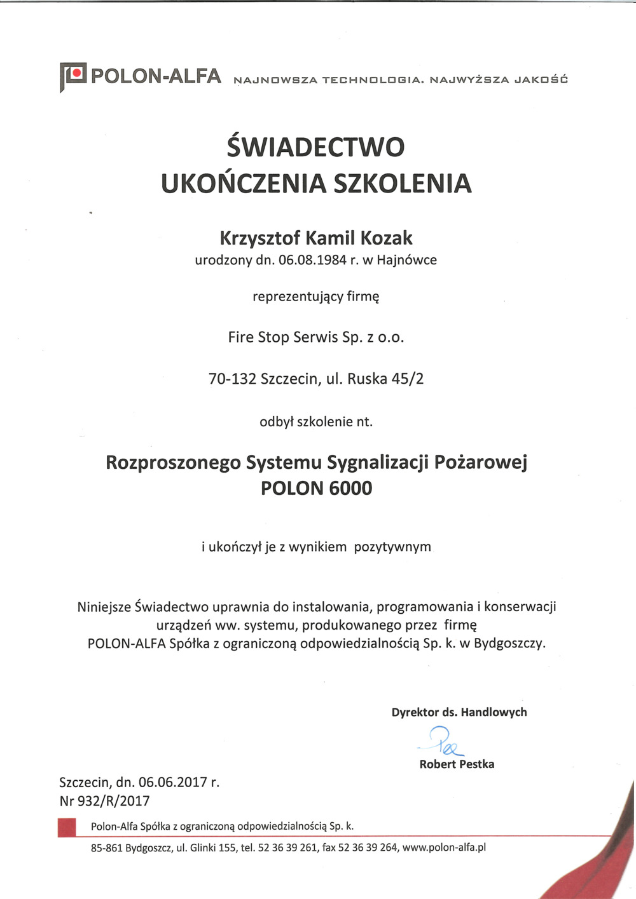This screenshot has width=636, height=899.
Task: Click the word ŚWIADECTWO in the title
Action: click(315, 147)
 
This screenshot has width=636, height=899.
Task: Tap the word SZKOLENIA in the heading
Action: click(403, 184)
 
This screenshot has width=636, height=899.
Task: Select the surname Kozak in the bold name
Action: click(387, 238)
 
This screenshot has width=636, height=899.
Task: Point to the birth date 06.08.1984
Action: click(312, 260)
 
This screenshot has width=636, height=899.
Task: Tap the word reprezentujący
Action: click(298, 297)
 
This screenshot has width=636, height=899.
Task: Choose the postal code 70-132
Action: click(232, 379)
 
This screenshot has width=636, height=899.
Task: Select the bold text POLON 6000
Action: click(316, 489)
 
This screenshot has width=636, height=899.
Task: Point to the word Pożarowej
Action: click(480, 463)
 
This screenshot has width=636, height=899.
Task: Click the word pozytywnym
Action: click(392, 547)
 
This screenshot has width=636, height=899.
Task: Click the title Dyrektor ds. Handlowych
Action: click(459, 712)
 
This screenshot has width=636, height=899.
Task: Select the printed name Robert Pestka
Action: click(457, 764)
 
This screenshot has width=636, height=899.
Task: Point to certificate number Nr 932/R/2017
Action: click(104, 801)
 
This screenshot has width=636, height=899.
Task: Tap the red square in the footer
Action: click(67, 827)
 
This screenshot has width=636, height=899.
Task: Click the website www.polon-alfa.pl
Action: click(444, 848)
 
